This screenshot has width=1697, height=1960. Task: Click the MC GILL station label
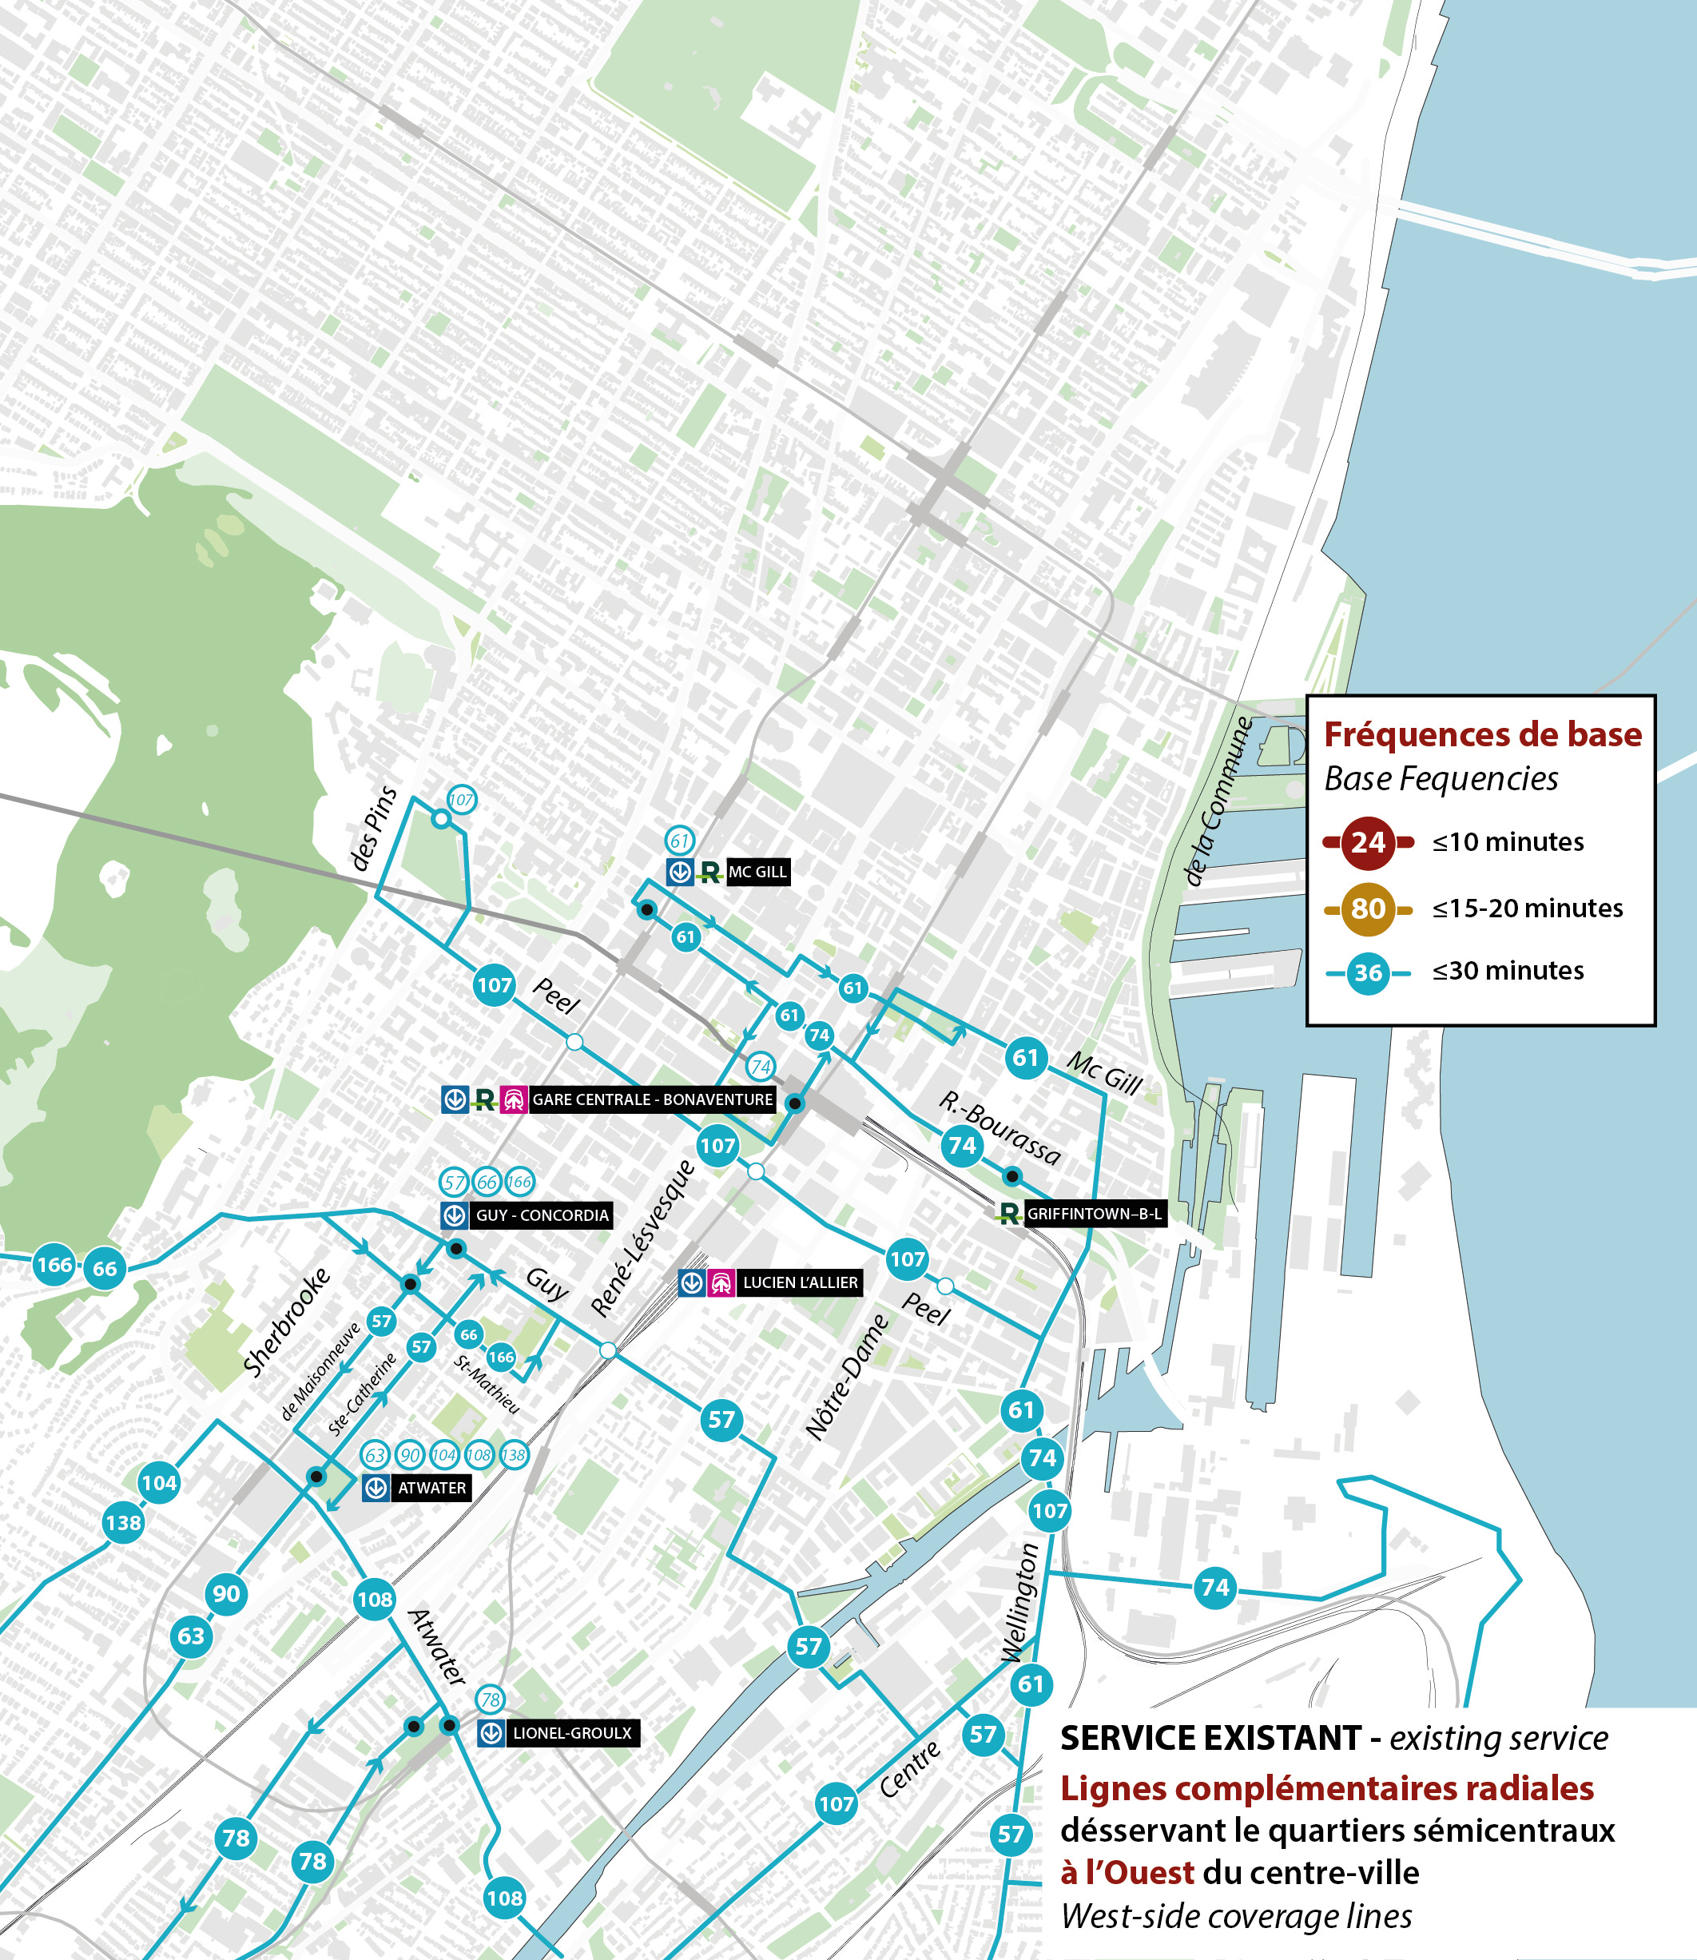click(757, 872)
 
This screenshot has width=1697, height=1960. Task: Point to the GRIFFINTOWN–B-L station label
click(1094, 1214)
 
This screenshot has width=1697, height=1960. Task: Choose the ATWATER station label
click(431, 1489)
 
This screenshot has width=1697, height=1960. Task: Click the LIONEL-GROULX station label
click(571, 1734)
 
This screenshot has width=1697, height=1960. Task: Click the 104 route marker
click(159, 1483)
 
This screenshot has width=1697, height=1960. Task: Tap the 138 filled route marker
click(124, 1523)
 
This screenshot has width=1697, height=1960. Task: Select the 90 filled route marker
click(226, 1593)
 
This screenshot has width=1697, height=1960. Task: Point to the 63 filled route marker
click(191, 1636)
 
